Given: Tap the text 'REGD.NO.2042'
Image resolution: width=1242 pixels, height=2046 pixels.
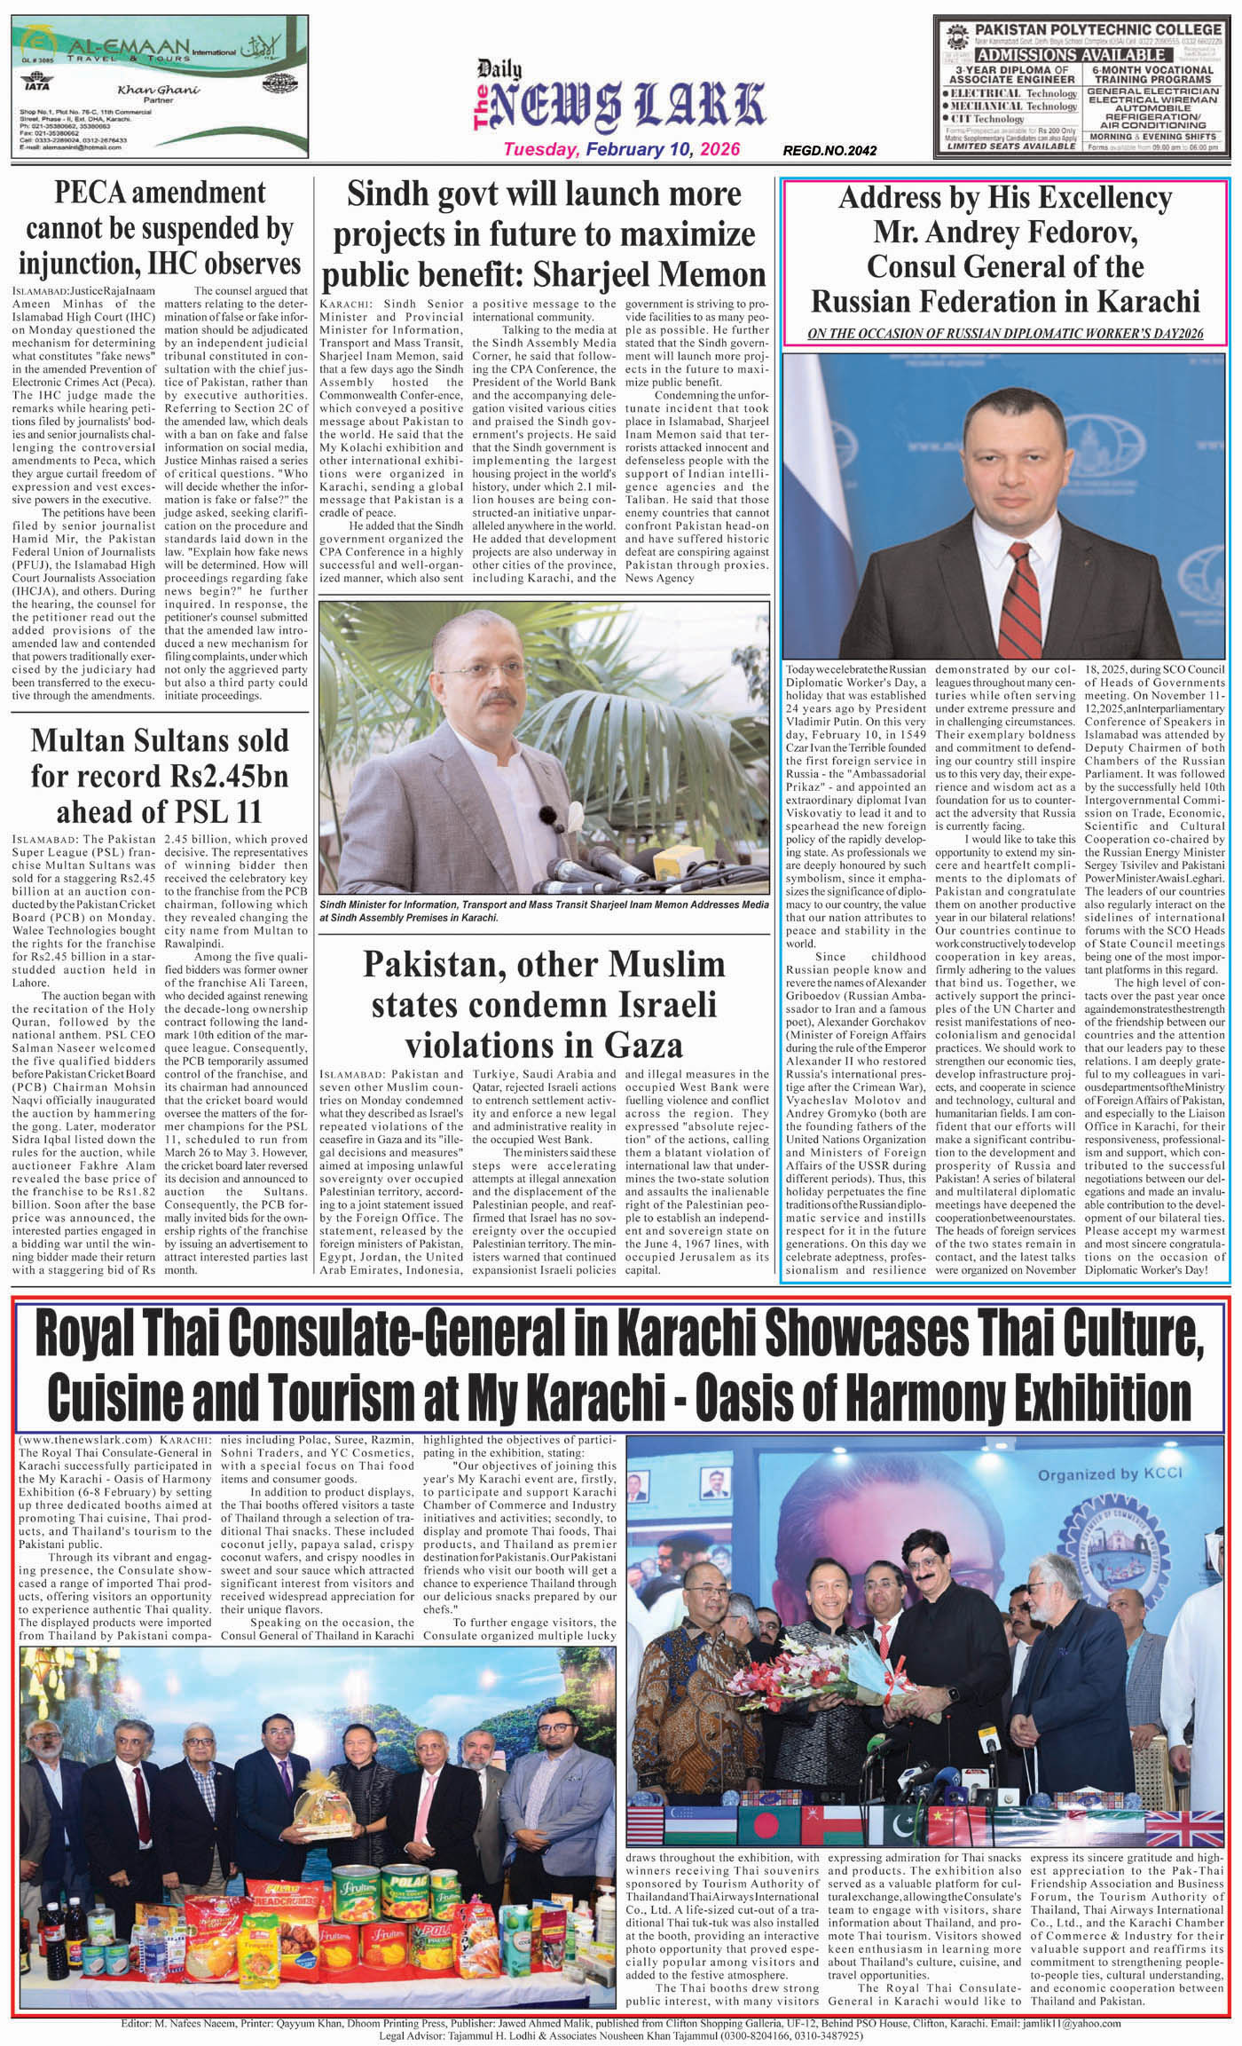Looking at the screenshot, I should point(829,151).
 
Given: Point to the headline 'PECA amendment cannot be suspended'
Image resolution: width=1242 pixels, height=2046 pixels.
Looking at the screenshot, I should point(160,228).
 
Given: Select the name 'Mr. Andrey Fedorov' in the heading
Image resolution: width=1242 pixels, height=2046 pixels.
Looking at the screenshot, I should point(1005,233).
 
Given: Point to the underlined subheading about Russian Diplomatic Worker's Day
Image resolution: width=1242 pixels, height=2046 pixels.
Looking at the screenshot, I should point(1005,333).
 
